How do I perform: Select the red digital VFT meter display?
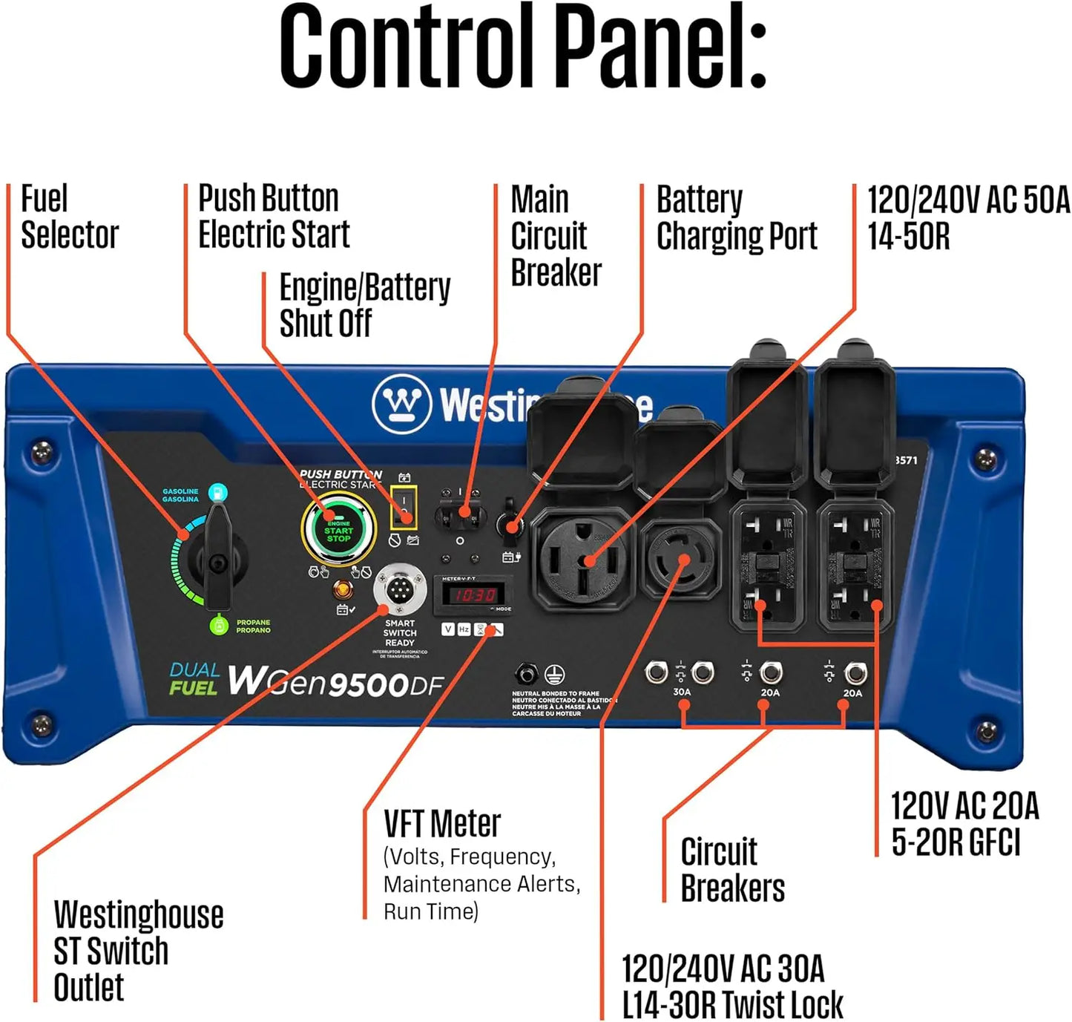point(475,594)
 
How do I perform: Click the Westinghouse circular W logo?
point(401,404)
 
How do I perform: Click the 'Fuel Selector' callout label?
point(69,217)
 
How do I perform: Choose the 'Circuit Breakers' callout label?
point(731,870)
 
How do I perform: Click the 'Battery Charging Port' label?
point(736,217)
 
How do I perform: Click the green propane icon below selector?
point(218,626)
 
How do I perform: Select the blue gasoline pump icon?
point(217,491)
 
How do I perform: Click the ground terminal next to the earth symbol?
point(526,675)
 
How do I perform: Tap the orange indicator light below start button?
point(342,590)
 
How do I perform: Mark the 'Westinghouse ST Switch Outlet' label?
point(137,951)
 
